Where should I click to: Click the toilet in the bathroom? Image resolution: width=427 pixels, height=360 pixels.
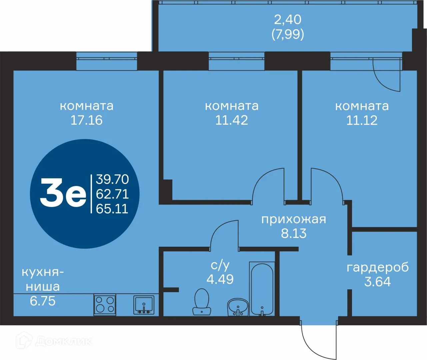(202, 302)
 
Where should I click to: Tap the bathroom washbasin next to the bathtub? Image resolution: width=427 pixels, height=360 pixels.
(238, 307)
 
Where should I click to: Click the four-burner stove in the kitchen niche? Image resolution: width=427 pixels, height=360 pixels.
(105, 305)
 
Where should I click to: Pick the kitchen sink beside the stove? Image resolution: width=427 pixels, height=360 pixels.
(144, 305)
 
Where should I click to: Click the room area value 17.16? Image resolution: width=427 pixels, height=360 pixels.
(86, 120)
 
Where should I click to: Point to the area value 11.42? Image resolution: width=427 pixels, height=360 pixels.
(232, 120)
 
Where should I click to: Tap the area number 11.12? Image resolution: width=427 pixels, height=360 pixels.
(362, 120)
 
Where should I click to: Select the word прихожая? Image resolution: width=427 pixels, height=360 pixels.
(293, 219)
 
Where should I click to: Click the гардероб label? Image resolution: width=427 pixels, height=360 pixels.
(378, 267)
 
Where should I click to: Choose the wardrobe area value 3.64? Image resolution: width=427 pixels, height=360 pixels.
(377, 282)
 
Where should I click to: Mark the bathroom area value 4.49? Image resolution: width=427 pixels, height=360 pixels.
(220, 279)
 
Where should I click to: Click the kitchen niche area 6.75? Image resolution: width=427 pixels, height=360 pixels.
(43, 301)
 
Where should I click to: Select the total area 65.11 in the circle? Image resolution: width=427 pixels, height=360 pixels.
(112, 209)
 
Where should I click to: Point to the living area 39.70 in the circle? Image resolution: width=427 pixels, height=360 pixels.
(112, 179)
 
